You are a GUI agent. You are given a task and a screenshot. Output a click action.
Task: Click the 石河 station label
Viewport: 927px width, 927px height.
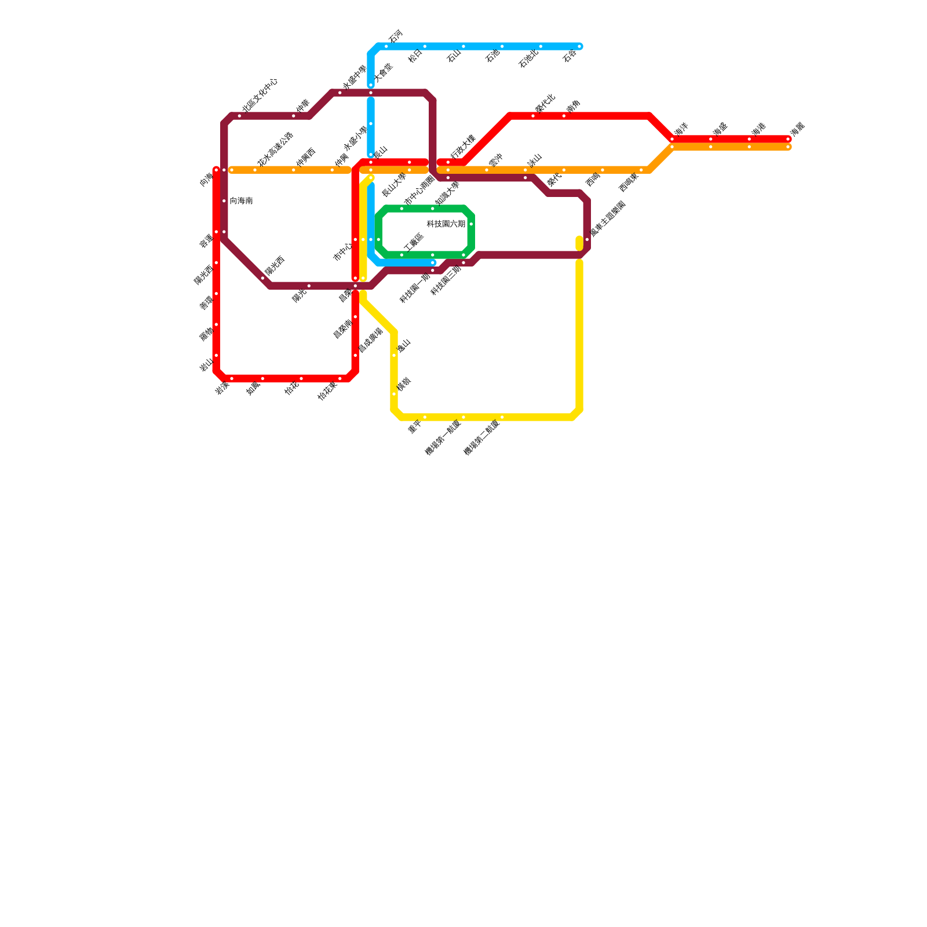pyautogui.click(x=395, y=37)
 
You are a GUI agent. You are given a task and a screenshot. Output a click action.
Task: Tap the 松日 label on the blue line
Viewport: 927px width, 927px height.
pyautogui.click(x=415, y=56)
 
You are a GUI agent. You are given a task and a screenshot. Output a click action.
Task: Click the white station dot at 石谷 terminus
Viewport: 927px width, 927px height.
pyautogui.click(x=579, y=46)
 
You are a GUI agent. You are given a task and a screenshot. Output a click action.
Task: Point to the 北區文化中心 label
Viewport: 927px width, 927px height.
pyautogui.click(x=260, y=95)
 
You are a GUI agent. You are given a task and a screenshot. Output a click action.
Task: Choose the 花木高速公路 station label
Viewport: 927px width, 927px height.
pyautogui.click(x=275, y=149)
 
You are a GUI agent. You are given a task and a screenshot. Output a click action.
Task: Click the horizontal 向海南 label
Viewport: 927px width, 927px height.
pyautogui.click(x=241, y=201)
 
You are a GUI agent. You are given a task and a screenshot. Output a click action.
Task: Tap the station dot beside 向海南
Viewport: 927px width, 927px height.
pyautogui.click(x=224, y=201)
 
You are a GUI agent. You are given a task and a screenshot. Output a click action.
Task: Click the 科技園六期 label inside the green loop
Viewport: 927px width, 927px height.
pyautogui.click(x=446, y=224)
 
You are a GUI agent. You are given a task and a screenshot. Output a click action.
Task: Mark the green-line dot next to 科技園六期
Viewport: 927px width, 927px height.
pyautogui.click(x=472, y=224)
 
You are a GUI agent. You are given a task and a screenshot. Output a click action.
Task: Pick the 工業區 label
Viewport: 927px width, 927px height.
pyautogui.click(x=414, y=243)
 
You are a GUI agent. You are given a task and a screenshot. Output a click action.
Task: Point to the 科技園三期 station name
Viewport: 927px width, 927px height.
pyautogui.click(x=446, y=281)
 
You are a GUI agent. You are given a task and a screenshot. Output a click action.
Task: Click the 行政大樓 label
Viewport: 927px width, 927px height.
pyautogui.click(x=463, y=147)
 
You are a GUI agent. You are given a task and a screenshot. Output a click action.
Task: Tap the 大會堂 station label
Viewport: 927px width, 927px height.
pyautogui.click(x=383, y=73)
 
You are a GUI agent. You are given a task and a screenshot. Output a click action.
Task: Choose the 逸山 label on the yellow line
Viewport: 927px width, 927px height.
pyautogui.click(x=403, y=346)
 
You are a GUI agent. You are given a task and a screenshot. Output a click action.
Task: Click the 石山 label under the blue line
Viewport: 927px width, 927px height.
pyautogui.click(x=454, y=56)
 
